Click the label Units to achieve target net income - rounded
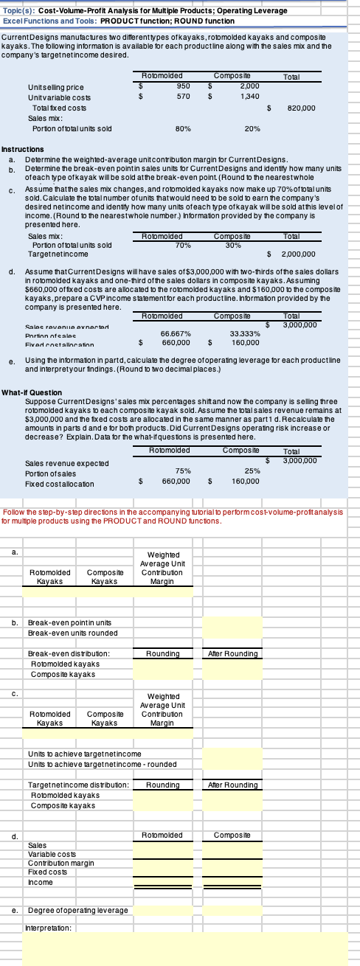[x=86, y=739]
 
